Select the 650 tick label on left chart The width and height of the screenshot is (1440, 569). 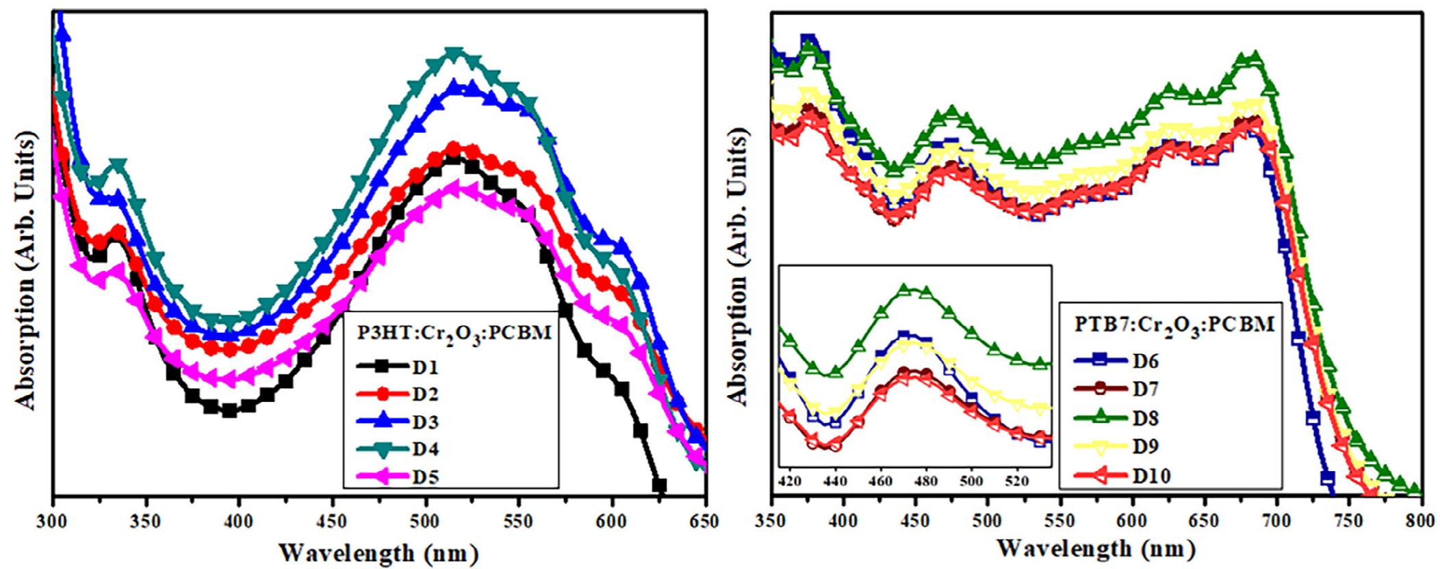click(705, 522)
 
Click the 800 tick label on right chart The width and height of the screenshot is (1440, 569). click(1421, 521)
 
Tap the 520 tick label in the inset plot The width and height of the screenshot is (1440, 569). click(1018, 480)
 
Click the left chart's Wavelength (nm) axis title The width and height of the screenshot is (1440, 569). click(378, 553)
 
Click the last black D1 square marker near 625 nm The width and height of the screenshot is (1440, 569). click(659, 485)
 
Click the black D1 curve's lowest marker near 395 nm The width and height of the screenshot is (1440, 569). click(229, 411)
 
